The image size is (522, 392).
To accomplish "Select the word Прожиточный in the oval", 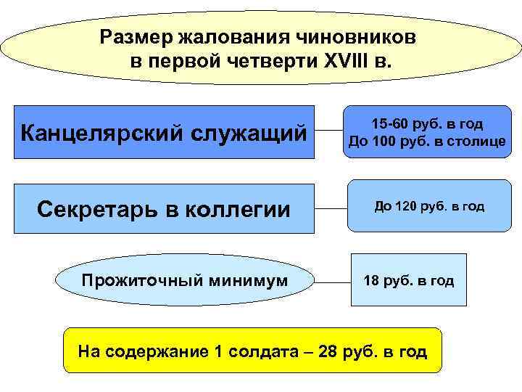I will pyautogui.click(x=136, y=279).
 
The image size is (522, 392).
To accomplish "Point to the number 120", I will pyautogui.click(x=406, y=207).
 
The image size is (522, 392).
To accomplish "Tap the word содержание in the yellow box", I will pyautogui.click(x=154, y=353).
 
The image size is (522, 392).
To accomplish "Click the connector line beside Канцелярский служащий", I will pyautogui.click(x=328, y=133).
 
